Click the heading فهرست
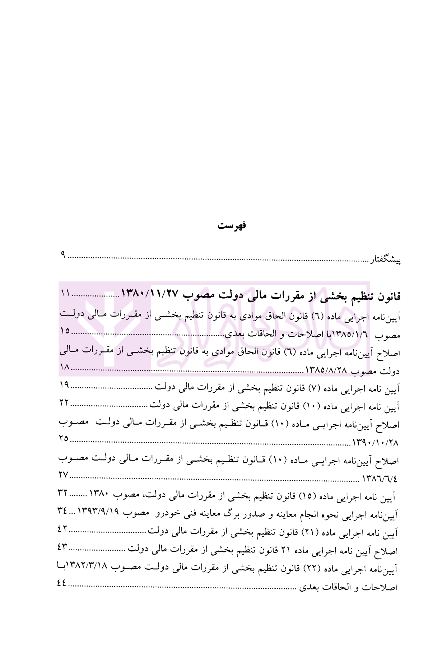232,226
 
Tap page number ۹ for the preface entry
63,255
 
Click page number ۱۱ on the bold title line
65,293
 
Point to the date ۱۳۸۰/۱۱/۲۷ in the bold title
150,294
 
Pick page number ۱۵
65,331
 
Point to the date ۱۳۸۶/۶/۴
382,479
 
